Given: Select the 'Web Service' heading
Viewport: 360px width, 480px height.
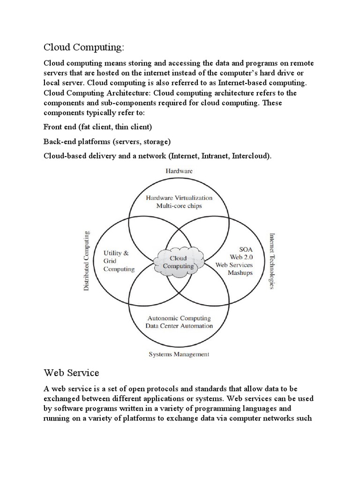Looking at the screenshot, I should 71,373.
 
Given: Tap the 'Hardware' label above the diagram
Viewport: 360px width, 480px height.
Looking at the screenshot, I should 179,171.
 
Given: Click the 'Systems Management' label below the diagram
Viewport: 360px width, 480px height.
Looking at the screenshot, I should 179,354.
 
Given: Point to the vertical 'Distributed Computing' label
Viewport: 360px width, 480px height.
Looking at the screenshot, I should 86,261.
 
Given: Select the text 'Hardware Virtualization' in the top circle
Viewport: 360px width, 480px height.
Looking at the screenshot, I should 179,198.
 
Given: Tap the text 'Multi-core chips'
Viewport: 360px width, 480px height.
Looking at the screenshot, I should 179,206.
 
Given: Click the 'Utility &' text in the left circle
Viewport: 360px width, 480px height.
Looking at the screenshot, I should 116,253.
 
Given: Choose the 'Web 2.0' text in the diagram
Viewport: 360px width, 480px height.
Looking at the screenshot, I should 240,256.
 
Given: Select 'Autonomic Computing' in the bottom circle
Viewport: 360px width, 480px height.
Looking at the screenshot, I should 179,318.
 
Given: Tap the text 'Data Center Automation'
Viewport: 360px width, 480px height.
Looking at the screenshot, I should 179,326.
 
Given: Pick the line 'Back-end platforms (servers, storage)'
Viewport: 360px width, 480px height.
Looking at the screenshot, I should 107,141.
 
